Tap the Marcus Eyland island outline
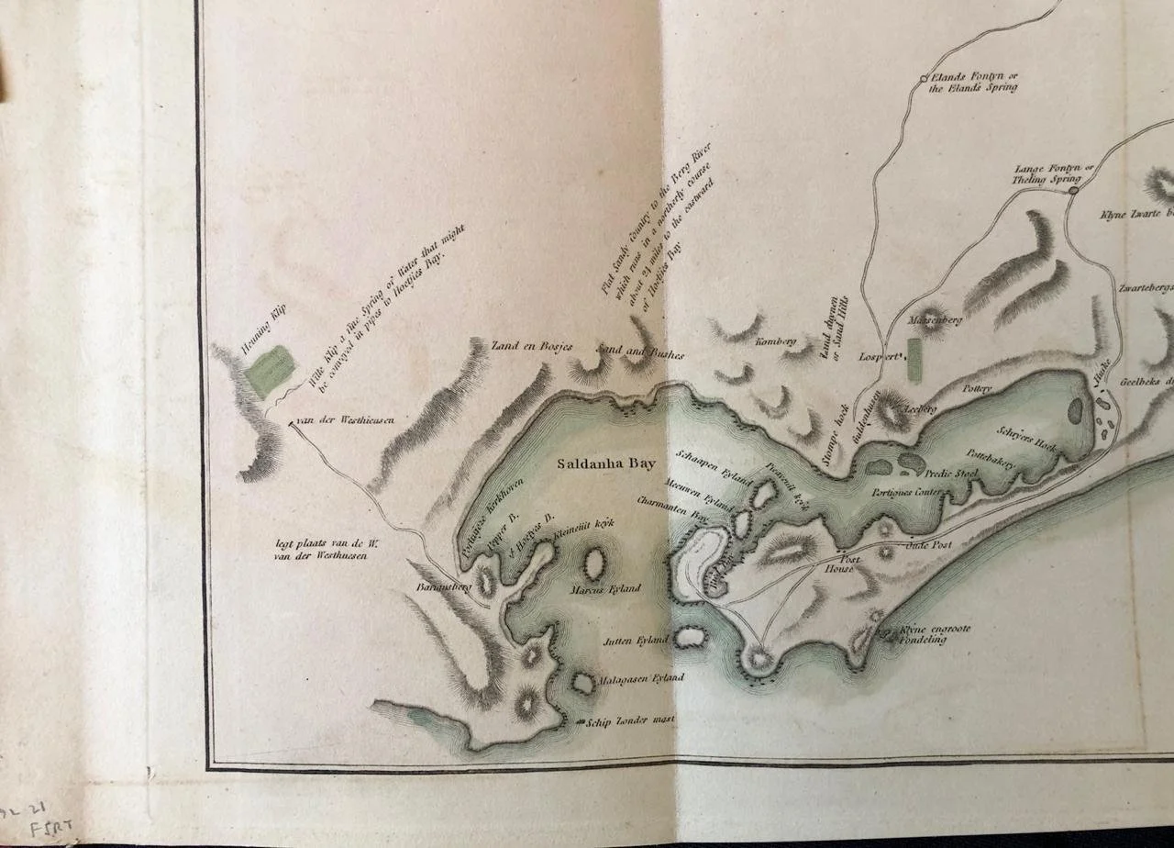click(595, 561)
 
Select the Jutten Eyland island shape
click(690, 637)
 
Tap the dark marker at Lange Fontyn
click(1072, 190)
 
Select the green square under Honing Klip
click(271, 372)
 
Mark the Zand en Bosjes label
click(519, 346)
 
